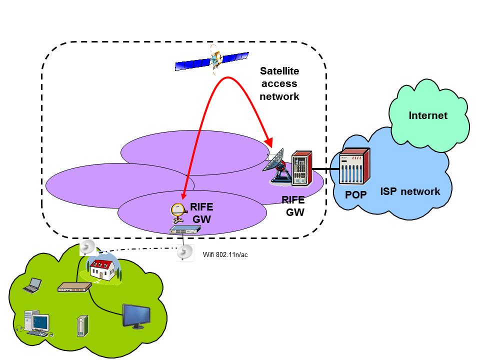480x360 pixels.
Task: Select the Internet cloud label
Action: (428, 116)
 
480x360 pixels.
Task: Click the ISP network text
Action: (410, 191)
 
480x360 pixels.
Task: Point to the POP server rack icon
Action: (354, 167)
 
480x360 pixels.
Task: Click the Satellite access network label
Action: (279, 84)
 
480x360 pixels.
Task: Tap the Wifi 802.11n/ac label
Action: (225, 255)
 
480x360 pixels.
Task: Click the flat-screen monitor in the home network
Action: (136, 316)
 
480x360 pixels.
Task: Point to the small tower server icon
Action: (82, 325)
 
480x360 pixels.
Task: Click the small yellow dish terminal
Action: (177, 211)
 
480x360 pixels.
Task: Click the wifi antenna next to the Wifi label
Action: (184, 252)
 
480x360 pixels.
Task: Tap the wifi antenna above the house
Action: (87, 247)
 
